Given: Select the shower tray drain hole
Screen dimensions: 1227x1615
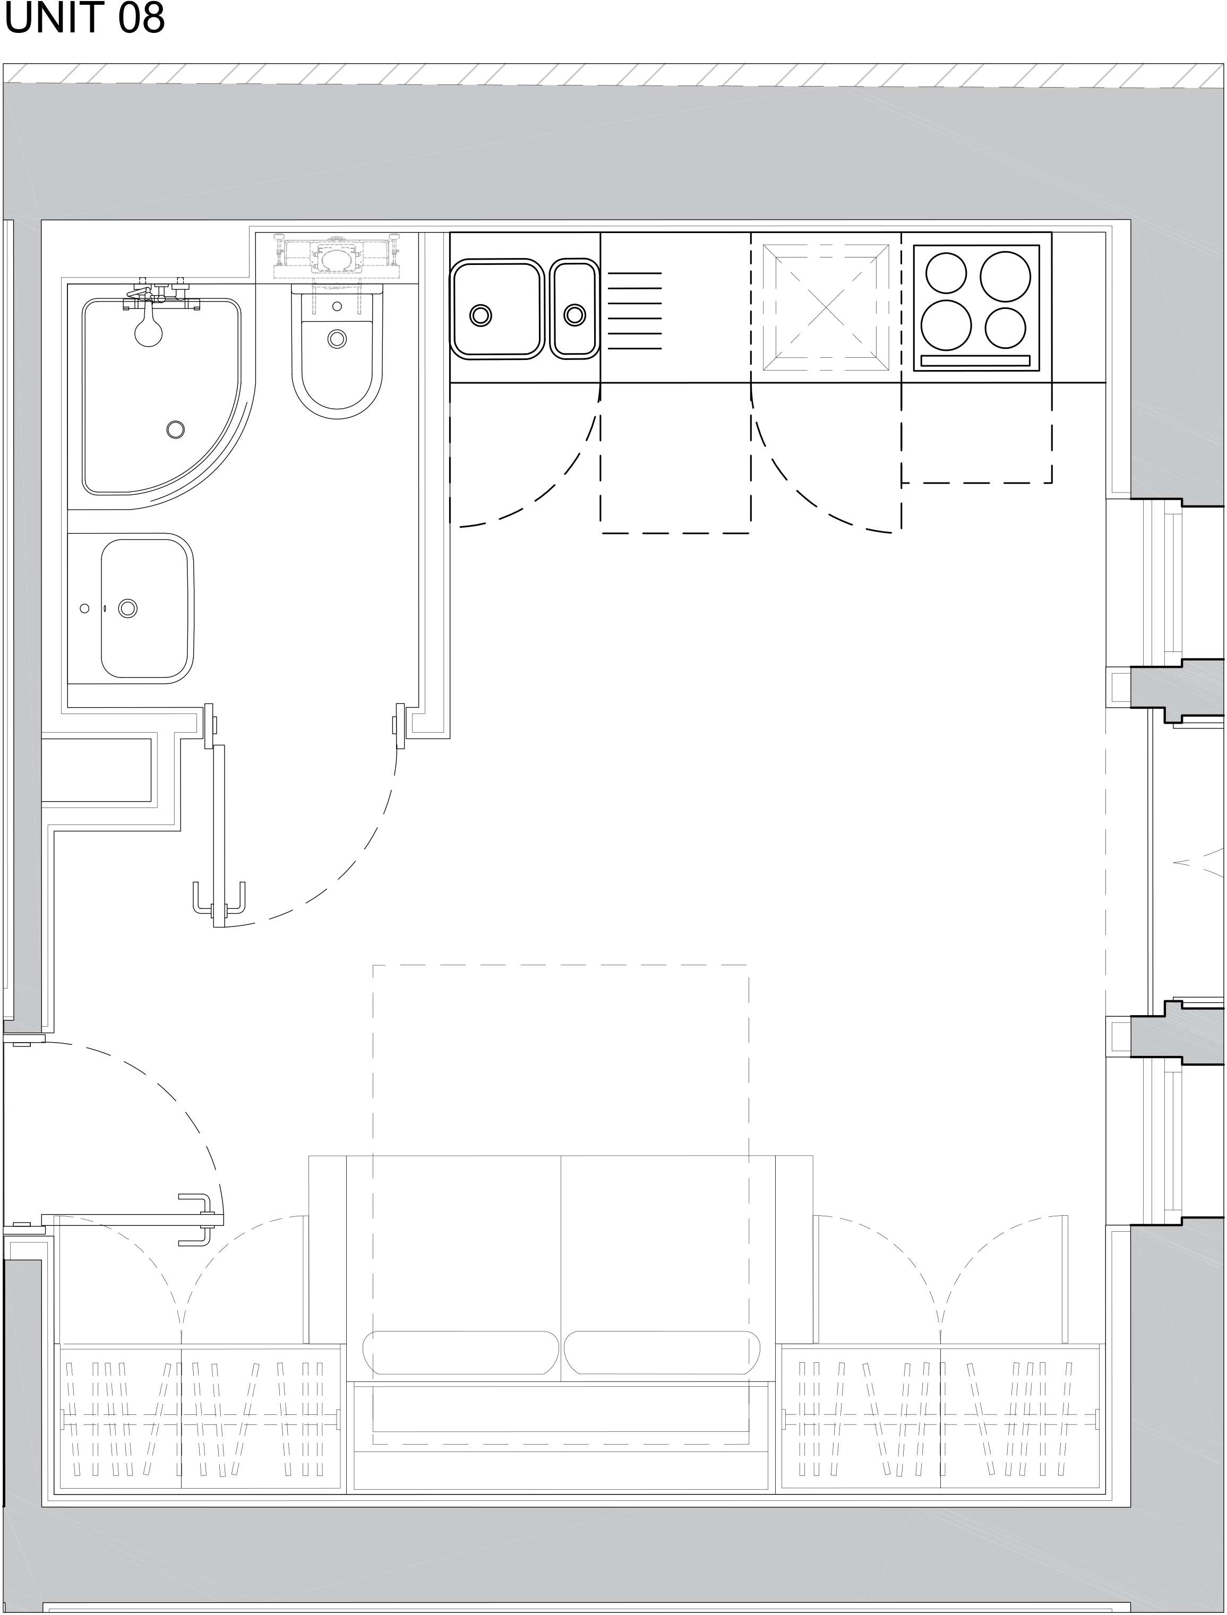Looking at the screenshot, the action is click(x=175, y=429).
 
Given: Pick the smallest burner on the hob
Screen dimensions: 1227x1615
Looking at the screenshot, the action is click(x=1006, y=327).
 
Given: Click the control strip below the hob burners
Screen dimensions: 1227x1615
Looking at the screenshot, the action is click(x=975, y=360).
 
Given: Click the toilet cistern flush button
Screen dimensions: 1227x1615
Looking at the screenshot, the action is click(x=337, y=306).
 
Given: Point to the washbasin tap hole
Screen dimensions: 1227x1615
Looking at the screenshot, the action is click(x=85, y=608).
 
